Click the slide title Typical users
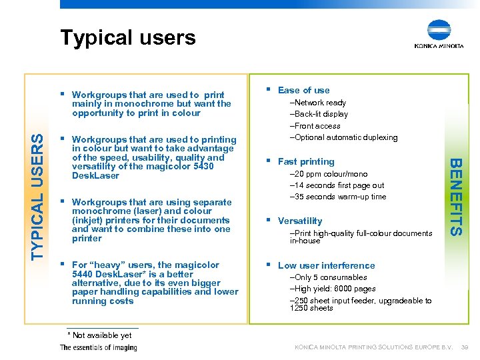[128, 37]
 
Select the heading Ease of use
[303, 90]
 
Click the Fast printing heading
[306, 161]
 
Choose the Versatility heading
[300, 221]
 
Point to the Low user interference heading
[326, 265]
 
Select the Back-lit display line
[319, 114]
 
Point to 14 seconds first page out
[337, 185]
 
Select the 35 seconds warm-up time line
[338, 197]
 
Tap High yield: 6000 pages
[332, 289]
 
